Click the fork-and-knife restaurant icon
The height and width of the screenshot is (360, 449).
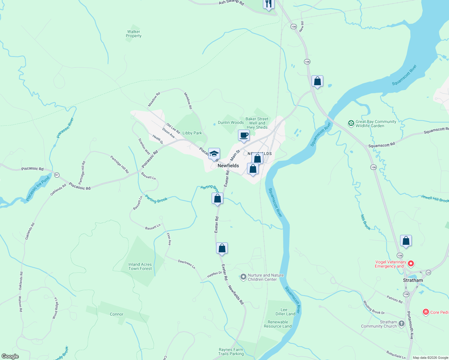pos(268,4)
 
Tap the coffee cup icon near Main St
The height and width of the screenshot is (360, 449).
pos(244,135)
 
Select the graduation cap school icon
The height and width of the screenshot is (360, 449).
pos(214,154)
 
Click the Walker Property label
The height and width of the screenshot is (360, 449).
pos(134,34)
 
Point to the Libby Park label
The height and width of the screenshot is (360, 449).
pos(192,133)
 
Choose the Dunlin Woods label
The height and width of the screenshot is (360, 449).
pos(231,122)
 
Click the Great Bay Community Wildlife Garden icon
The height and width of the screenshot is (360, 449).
pos(351,123)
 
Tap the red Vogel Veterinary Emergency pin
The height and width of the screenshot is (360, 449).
pos(411,264)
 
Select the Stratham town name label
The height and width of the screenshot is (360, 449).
pos(413,280)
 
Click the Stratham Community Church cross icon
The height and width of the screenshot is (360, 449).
pos(402,324)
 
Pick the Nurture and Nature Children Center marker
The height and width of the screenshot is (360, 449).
pos(243,277)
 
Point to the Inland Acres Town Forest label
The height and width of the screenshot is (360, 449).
pos(140,266)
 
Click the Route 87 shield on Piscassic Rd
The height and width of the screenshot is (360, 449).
pos(57,175)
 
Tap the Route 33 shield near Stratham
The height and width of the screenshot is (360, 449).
pos(428,272)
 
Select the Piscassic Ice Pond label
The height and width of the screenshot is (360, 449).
pos(38,188)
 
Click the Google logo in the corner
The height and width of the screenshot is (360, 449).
pos(10,356)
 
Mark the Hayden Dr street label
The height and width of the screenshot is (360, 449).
pos(214,274)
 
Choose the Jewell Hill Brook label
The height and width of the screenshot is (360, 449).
pos(435,198)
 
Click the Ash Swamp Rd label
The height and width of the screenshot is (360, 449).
pos(231,2)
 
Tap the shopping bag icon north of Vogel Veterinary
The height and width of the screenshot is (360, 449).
pos(406,241)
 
